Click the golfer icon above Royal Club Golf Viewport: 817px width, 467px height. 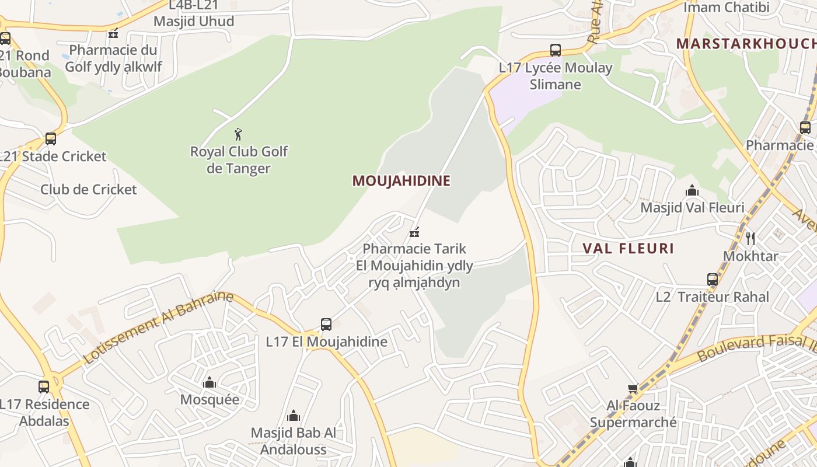click(238, 135)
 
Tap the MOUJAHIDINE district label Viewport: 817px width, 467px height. click(401, 181)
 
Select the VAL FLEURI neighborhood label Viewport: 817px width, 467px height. click(628, 249)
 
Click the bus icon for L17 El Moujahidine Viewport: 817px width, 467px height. click(326, 325)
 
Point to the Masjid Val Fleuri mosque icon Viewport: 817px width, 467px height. click(692, 191)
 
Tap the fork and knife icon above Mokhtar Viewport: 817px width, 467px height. click(750, 238)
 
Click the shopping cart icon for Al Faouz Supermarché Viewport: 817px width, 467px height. click(633, 388)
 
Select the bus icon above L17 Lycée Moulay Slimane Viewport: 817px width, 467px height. click(556, 50)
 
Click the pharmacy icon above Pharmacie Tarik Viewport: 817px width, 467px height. click(414, 232)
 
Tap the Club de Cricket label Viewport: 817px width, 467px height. click(89, 189)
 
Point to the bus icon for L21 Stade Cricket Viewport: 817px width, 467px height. click(51, 139)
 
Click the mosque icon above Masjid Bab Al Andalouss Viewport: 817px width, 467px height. click(294, 416)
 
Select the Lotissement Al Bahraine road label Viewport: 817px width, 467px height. click(158, 327)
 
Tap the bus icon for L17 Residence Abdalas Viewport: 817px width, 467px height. click(44, 386)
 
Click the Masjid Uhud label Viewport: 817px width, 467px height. click(194, 22)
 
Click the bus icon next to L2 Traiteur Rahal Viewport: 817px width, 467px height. click(713, 280)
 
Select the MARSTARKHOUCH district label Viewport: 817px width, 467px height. click(746, 44)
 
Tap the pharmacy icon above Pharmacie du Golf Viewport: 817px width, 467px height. click(113, 33)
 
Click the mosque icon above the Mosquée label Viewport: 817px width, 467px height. click(210, 383)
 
